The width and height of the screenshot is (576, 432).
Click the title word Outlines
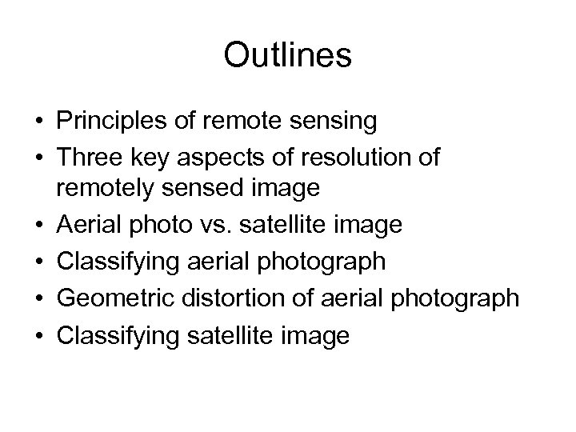(288, 56)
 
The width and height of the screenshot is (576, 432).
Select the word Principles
(108, 122)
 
